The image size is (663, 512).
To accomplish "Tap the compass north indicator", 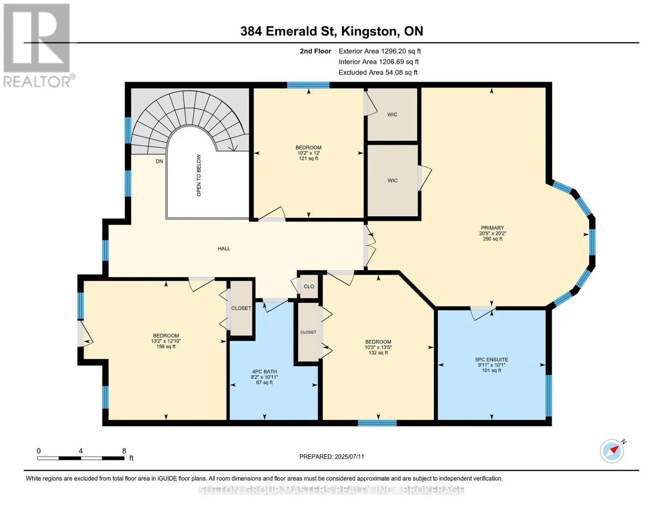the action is coord(612,451).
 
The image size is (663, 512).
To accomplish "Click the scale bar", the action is coord(81,458).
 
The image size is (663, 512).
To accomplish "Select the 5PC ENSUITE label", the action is coord(491,360).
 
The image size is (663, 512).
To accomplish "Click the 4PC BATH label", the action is coord(264,372).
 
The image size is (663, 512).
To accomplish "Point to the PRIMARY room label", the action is coord(492,228).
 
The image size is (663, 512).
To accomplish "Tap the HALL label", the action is coord(224,248).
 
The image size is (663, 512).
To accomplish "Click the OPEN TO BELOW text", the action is coord(199,175).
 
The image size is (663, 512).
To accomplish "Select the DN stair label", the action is coord(159,161).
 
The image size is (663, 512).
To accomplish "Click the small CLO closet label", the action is coord(309,286).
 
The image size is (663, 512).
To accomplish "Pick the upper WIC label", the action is coord(392,114).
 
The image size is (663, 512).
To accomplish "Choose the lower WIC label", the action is coord(392,180).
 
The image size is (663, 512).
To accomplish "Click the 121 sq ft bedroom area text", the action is coord(309,158).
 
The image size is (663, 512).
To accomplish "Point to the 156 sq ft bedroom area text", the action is coord(166,346).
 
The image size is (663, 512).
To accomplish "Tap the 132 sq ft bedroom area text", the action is coord(378,352).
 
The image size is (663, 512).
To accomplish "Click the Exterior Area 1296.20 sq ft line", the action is coord(380,51).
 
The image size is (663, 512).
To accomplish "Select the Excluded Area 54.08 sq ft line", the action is coord(378,73).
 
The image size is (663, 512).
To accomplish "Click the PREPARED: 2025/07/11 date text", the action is coord(332,457).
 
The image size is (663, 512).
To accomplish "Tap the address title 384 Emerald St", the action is coord(288,31).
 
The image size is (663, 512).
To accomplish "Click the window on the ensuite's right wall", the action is coord(549,396).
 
